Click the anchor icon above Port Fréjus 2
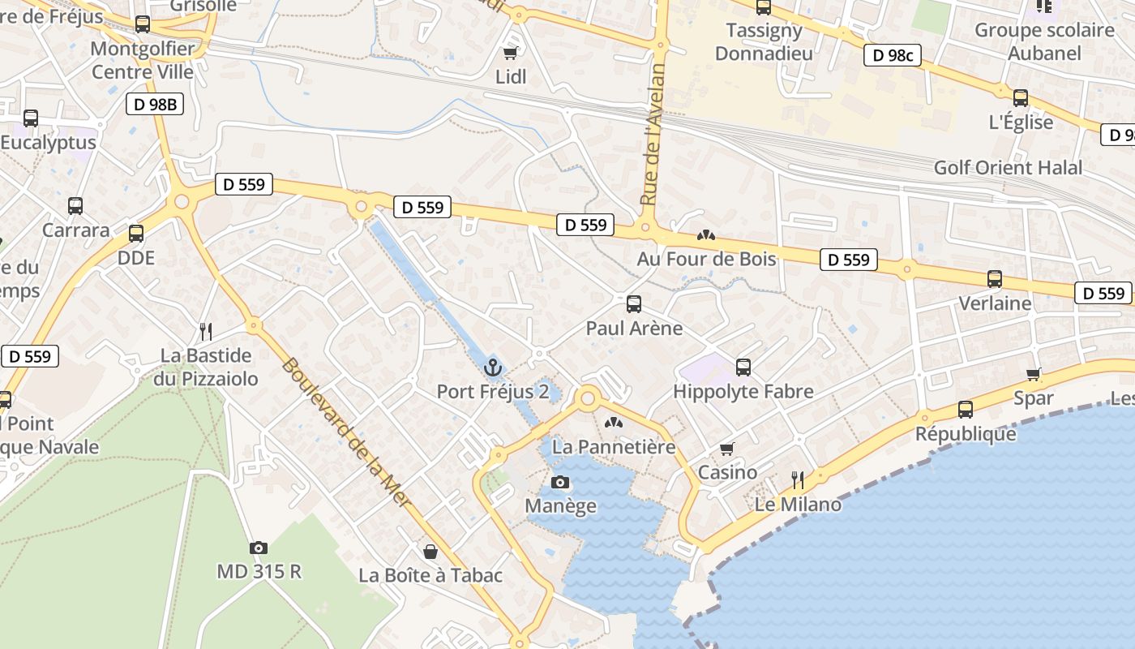click(x=493, y=368)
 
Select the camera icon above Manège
click(x=559, y=483)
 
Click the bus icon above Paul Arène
click(x=634, y=304)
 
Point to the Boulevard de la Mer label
click(x=346, y=434)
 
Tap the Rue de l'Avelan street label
click(x=653, y=134)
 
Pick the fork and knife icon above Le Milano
click(x=798, y=480)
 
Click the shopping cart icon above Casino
click(x=727, y=449)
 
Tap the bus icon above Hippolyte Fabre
click(x=743, y=367)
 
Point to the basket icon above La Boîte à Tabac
click(x=430, y=552)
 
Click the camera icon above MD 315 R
click(x=259, y=548)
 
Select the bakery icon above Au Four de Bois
click(x=706, y=235)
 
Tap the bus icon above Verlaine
click(x=995, y=279)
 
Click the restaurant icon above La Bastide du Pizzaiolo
click(x=206, y=331)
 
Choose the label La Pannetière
click(x=614, y=447)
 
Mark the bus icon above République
click(x=965, y=410)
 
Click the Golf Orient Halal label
click(x=1008, y=168)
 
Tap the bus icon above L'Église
click(x=1021, y=98)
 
